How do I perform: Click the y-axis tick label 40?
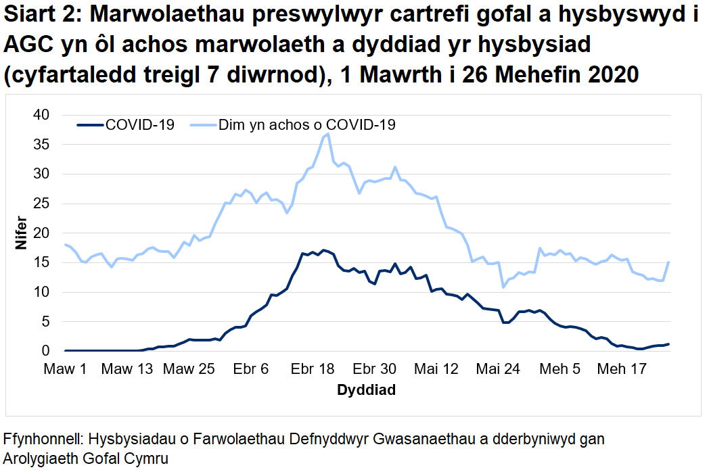[42, 115]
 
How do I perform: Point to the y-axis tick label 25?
[42, 204]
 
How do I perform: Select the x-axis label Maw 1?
[66, 369]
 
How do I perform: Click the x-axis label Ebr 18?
[313, 369]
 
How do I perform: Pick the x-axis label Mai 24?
[498, 369]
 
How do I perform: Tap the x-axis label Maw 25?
[189, 369]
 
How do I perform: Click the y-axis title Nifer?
[22, 233]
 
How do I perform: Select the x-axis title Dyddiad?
[366, 390]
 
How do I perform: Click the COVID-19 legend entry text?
[140, 125]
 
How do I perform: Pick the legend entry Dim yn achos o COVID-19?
[306, 125]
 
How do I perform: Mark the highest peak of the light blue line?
[328, 134]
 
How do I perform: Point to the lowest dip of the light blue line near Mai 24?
[503, 287]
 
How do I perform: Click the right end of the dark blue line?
[668, 344]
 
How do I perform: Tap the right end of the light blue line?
[668, 262]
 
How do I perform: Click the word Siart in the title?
[32, 16]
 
